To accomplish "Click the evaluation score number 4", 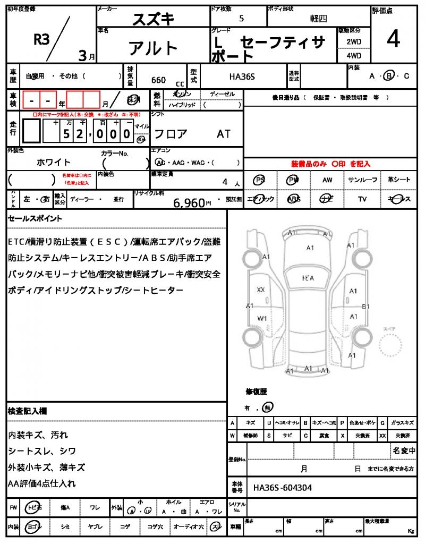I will pyautogui.click(x=394, y=39).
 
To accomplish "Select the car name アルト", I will pyautogui.click(x=154, y=48).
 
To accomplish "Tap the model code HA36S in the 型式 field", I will pyautogui.click(x=242, y=77).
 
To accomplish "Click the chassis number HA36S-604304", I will pyautogui.click(x=283, y=487).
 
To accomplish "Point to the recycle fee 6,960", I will pyautogui.click(x=189, y=202).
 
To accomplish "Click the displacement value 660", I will pyautogui.click(x=158, y=80).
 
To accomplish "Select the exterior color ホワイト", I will pyautogui.click(x=54, y=162).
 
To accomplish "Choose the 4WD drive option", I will pyautogui.click(x=354, y=55).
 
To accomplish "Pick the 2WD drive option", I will pyautogui.click(x=354, y=41).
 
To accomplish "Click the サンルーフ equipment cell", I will pyautogui.click(x=363, y=180).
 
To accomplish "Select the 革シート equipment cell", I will pyautogui.click(x=399, y=180).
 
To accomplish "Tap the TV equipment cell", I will pyautogui.click(x=363, y=199).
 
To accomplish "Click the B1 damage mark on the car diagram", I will pyautogui.click(x=365, y=307).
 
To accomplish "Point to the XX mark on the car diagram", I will pyautogui.click(x=261, y=290).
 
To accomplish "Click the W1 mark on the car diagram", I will pyautogui.click(x=262, y=318).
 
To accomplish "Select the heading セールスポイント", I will pyautogui.click(x=35, y=218).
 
